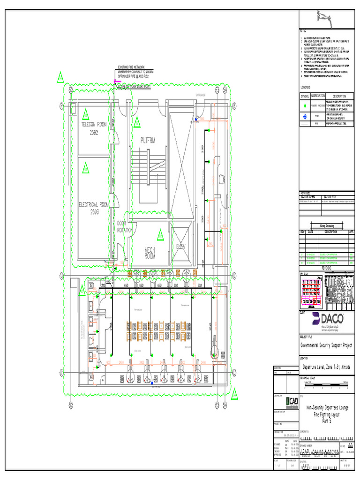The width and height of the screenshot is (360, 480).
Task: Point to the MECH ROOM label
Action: click(x=150, y=253)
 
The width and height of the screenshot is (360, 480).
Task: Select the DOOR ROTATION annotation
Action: click(x=125, y=227)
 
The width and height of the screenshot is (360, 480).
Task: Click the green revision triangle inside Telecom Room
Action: click(x=86, y=114)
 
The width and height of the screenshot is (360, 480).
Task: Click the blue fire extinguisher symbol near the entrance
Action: click(x=197, y=120)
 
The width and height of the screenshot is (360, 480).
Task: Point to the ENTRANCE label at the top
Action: click(x=201, y=95)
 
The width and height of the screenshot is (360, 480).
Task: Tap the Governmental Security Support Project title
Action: click(x=327, y=345)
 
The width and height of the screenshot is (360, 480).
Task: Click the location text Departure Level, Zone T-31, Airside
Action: click(x=326, y=367)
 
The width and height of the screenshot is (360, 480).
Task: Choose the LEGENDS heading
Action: click(x=306, y=88)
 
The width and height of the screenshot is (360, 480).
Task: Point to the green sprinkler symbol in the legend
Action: click(x=304, y=105)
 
